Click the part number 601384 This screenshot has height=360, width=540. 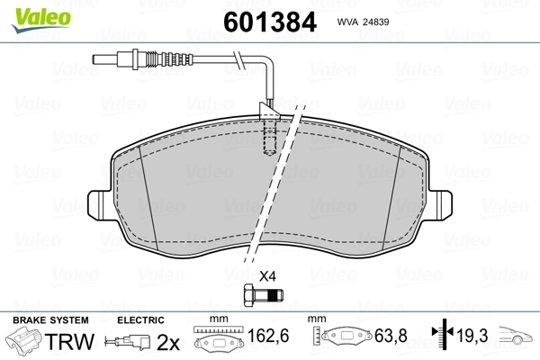[x=270, y=22]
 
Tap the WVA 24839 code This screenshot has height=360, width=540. [x=363, y=22]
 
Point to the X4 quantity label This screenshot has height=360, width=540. [x=267, y=276]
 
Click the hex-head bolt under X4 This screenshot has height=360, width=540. [x=264, y=295]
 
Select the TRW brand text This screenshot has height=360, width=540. [x=69, y=341]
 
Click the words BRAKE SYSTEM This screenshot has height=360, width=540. [x=50, y=320]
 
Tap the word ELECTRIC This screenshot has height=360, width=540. [x=140, y=320]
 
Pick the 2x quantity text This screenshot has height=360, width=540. [x=168, y=342]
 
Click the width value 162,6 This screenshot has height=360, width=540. [x=268, y=336]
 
